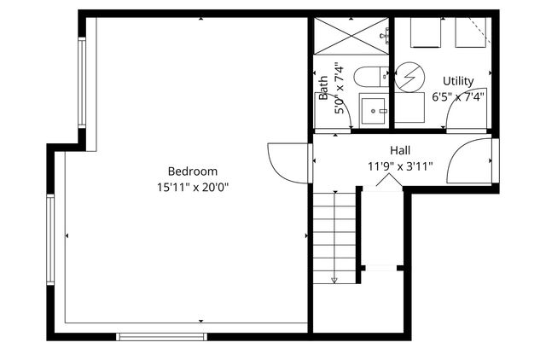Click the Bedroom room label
pyautogui.click(x=192, y=171)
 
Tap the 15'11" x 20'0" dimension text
pyautogui.click(x=192, y=186)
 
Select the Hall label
pyautogui.click(x=400, y=150)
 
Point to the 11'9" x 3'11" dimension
pyautogui.click(x=400, y=165)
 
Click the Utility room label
pyautogui.click(x=457, y=81)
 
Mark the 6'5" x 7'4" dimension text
pyautogui.click(x=457, y=96)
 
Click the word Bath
pyautogui.click(x=323, y=89)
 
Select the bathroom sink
pyautogui.click(x=373, y=110)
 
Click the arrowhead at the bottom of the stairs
pyautogui.click(x=334, y=279)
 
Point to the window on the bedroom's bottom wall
pyautogui.click(x=161, y=336)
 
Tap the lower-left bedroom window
pyautogui.click(x=51, y=241)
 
